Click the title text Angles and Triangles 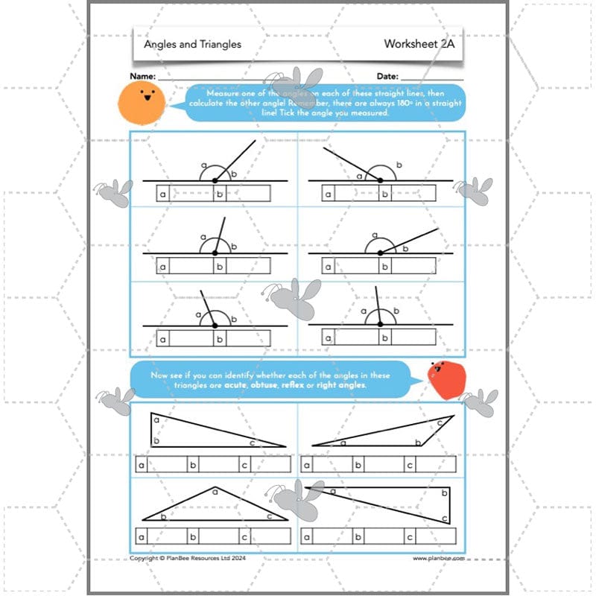192,44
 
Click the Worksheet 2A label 419,44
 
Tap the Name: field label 143,77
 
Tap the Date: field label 387,77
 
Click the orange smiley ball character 140,102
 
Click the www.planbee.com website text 439,557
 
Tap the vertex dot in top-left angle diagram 215,180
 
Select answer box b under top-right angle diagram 384,194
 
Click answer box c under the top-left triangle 244,466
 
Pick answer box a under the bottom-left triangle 142,536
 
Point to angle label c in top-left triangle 253,443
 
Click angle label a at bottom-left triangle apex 215,491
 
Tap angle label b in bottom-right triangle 444,493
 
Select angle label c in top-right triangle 440,422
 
